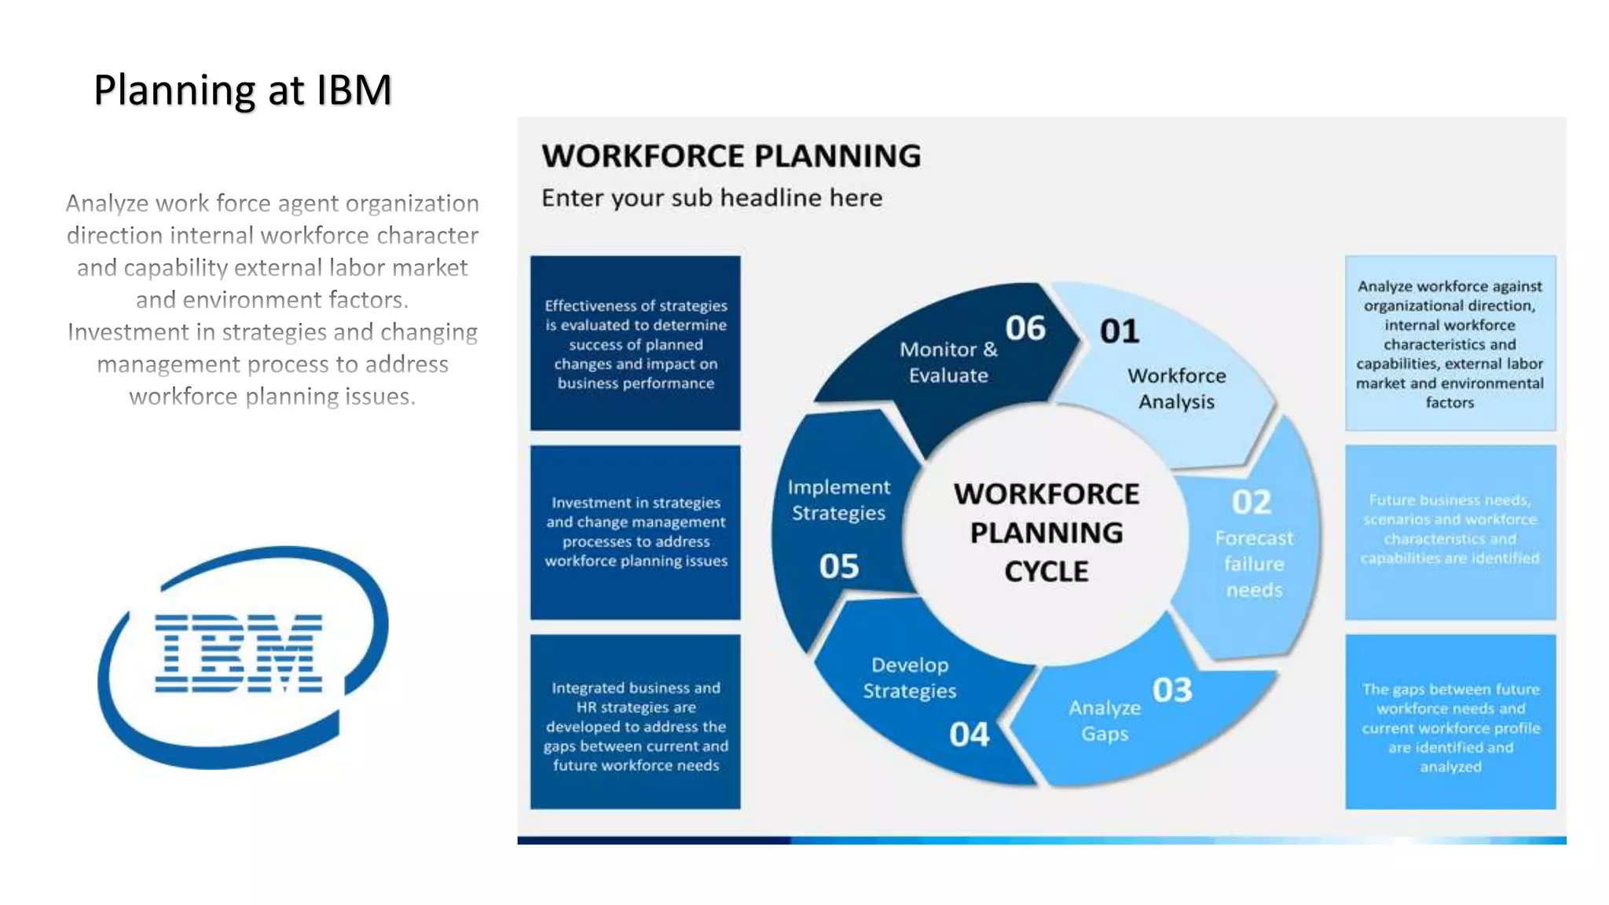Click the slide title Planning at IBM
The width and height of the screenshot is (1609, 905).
coord(243,90)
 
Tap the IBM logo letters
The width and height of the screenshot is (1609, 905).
coord(239,654)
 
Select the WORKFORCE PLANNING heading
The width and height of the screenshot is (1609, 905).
coord(731,156)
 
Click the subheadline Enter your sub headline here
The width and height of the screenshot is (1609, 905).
coord(711,198)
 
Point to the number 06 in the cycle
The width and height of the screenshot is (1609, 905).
coord(1025,328)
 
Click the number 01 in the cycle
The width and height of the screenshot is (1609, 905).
coord(1120,332)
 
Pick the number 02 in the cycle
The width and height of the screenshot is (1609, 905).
coord(1251,503)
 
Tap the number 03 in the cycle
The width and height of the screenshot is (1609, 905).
coord(1172,691)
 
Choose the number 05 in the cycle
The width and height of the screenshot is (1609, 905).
coord(839,566)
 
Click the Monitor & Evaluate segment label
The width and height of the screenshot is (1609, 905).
coord(948,362)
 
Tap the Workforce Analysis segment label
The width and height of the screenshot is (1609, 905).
coord(1176,389)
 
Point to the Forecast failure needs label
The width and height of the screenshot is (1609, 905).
coord(1254,564)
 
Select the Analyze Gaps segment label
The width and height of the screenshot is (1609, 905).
coord(1105,720)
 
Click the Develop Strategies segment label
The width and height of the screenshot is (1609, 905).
coord(910,678)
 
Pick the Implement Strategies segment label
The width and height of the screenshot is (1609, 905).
coord(838,500)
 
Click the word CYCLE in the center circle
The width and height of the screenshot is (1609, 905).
coord(1046,572)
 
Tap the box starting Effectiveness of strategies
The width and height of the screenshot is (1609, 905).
coord(636,344)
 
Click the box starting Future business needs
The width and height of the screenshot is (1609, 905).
coord(1450,529)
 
